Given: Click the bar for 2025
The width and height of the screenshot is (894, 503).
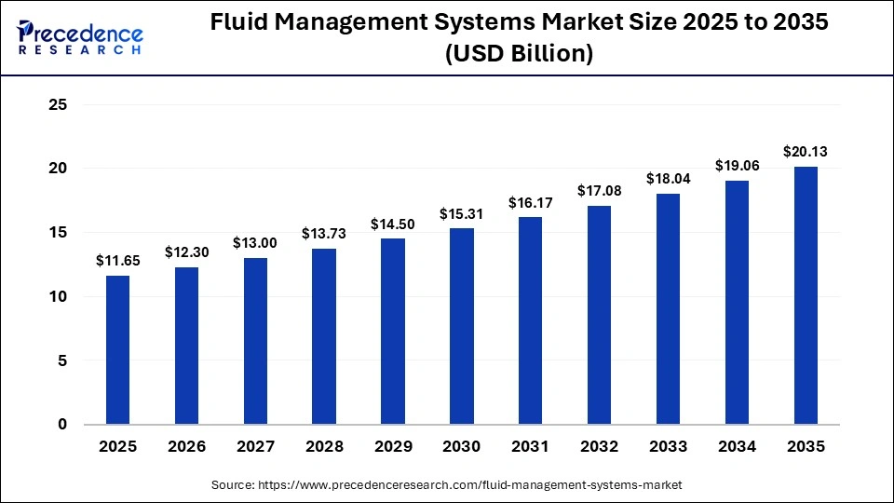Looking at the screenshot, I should coord(117,349).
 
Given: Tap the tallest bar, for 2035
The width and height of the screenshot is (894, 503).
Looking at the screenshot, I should coord(806,295).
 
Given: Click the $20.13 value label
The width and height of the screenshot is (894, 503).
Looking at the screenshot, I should coord(806,151).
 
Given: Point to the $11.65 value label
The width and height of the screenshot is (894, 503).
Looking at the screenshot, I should coord(117,261).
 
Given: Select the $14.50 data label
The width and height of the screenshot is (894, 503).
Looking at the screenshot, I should coord(393,224).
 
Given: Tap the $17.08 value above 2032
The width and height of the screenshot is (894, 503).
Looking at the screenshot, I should coord(600,190).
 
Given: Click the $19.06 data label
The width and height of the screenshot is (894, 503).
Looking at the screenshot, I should coord(737,165).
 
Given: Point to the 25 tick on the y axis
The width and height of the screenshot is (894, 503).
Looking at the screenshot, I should coord(58,105).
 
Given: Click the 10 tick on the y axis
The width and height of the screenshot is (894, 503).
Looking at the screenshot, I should coord(58,296).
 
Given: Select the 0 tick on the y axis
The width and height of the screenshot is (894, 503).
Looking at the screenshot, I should coord(62,425).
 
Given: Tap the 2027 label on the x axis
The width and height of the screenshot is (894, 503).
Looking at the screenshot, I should coord(255,447).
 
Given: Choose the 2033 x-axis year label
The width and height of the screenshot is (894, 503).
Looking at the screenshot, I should coord(668,447).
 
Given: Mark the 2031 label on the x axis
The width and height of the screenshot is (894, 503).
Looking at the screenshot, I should coord(531,447).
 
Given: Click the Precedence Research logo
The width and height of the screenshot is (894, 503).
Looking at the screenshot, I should coord(79,38).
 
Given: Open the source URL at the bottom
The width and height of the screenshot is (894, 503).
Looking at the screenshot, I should coord(447,485).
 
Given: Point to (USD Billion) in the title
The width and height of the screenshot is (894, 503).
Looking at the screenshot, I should coord(520,54).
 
